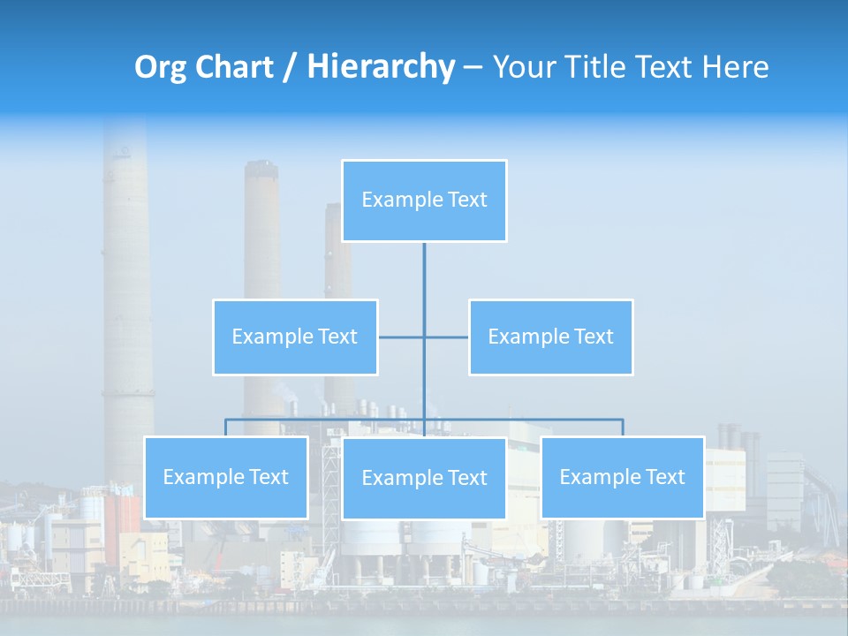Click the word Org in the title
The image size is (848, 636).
(162, 67)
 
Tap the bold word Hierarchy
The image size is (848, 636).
(380, 67)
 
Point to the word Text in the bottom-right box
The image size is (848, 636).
(664, 477)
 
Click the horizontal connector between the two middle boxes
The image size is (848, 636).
(446, 337)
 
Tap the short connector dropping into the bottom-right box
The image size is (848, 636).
(623, 428)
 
